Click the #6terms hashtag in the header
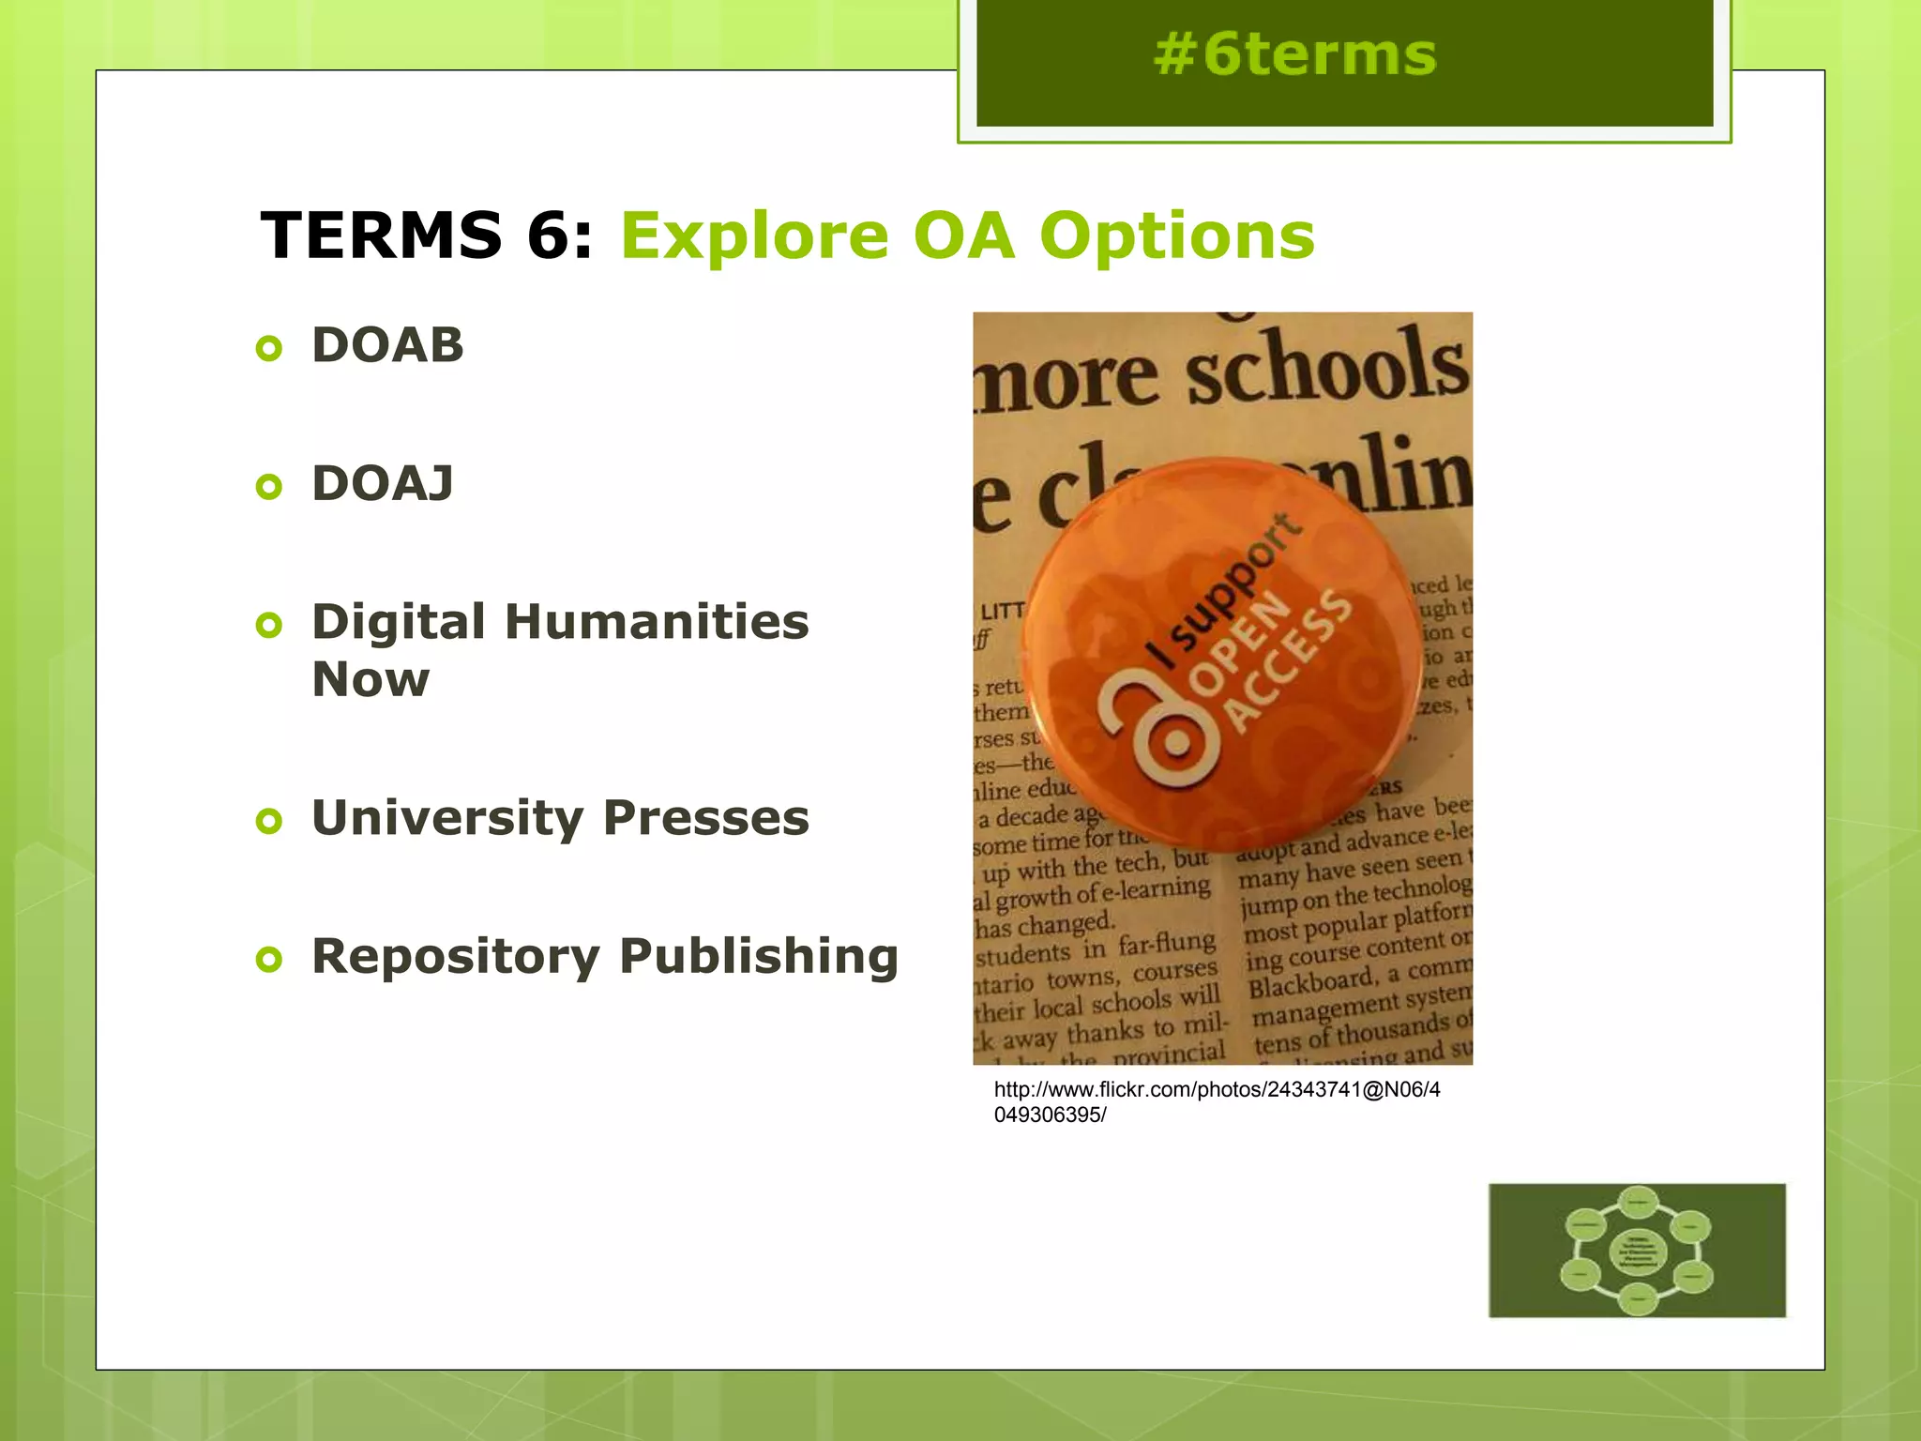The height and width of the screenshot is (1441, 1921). [1294, 54]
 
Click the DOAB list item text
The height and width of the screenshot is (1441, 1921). [387, 345]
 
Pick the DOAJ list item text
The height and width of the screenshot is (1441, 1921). [383, 484]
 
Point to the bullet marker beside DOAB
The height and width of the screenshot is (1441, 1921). [269, 349]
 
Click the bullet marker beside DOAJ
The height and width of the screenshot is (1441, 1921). [269, 487]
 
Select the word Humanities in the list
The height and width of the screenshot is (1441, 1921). [657, 622]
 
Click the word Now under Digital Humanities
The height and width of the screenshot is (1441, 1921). [371, 679]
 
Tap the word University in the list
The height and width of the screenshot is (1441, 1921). [447, 818]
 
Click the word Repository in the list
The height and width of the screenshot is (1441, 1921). [455, 957]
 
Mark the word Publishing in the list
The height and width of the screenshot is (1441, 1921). [759, 957]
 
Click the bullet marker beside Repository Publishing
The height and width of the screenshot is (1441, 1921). [269, 960]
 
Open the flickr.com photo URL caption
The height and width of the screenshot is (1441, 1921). [1217, 1102]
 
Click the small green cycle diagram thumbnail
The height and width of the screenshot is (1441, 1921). [1637, 1251]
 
